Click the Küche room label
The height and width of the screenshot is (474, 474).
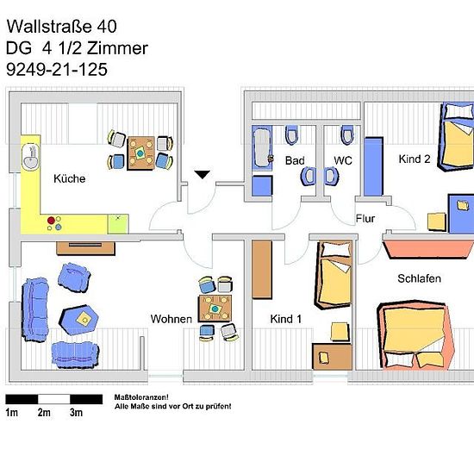click(70, 178)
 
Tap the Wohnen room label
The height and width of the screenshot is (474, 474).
click(172, 319)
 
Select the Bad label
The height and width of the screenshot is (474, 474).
click(295, 160)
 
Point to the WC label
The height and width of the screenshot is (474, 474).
click(343, 160)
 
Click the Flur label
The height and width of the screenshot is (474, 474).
click(365, 219)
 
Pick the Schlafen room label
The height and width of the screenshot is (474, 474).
click(420, 278)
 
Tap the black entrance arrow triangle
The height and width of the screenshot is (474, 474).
click(203, 175)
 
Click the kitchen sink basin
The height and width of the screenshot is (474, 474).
click(31, 156)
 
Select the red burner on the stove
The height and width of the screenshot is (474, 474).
click(51, 221)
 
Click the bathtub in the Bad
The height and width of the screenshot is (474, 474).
click(262, 148)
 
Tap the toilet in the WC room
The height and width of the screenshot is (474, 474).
click(347, 134)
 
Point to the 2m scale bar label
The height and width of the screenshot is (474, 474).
click(44, 412)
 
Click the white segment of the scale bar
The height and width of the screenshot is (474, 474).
click(53, 399)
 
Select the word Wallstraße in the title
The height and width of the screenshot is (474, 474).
click(49, 27)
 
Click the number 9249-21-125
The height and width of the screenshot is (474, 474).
click(57, 70)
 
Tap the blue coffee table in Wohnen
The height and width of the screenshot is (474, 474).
click(79, 320)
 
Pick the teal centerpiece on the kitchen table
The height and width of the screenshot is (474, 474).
click(140, 153)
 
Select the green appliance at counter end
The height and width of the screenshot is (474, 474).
click(118, 224)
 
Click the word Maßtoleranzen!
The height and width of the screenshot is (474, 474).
click(141, 397)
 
